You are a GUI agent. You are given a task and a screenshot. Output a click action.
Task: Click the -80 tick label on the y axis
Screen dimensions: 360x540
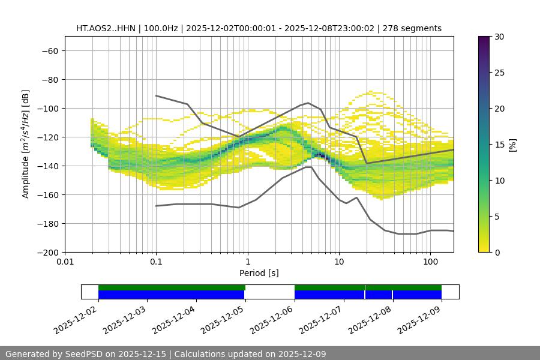tap(49, 79)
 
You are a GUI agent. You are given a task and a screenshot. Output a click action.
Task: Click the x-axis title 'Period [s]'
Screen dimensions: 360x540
tap(259, 273)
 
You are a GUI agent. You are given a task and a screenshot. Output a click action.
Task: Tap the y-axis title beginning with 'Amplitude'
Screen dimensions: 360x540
tap(26, 144)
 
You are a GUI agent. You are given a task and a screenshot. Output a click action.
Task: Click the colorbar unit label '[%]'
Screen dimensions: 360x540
tap(512, 145)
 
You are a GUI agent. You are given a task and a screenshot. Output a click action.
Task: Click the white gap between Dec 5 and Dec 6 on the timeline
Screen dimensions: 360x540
tap(269, 292)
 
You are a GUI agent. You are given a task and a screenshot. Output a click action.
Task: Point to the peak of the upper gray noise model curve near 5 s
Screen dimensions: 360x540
tap(308, 103)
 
